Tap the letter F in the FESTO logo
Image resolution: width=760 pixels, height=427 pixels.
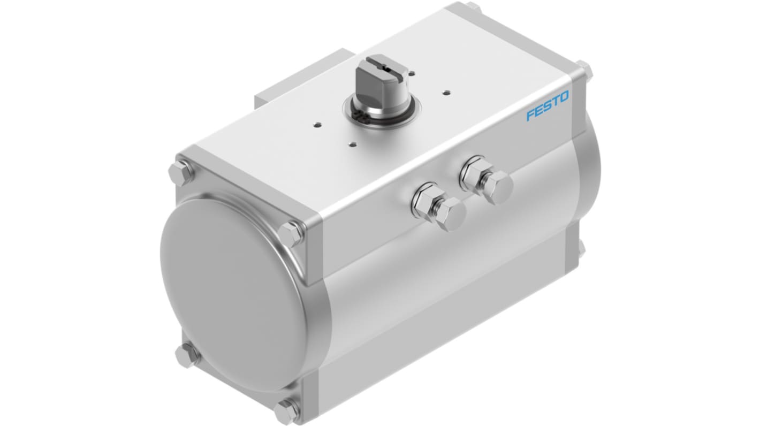pos(530,115)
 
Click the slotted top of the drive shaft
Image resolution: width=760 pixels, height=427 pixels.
pos(383,66)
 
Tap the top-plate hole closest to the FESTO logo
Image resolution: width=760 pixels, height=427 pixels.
pos(446,91)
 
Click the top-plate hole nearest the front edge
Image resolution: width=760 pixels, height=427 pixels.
pos(353,144)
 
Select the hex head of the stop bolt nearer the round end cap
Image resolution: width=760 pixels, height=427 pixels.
pos(451,215)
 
